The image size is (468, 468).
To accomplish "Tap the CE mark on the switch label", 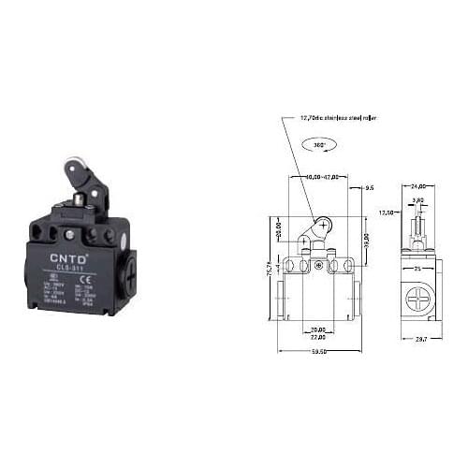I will tap(45, 281).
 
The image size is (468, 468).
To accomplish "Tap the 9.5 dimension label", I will tap(369, 187).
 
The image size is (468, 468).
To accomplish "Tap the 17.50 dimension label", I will tap(387, 212).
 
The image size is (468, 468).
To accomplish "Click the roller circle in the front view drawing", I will tap(320, 225).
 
